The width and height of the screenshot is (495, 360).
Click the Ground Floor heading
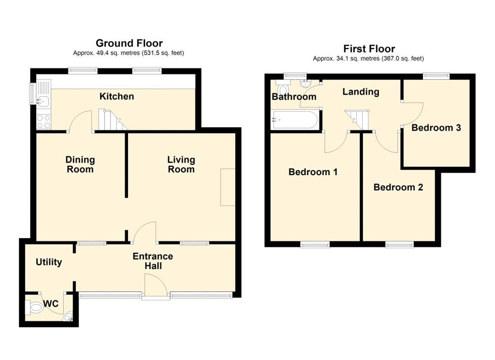tap(129, 43)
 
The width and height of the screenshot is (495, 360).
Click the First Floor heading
tap(369, 49)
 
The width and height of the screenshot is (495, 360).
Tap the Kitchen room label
tap(117, 96)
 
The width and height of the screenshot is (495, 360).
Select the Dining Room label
tap(80, 165)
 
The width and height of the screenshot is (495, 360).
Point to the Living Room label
tap(181, 165)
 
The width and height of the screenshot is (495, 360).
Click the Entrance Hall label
tap(153, 261)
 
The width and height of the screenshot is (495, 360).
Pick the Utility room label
tap(49, 262)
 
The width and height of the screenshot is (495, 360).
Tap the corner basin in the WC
tap(69, 316)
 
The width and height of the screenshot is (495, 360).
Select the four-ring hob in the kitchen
tap(44, 121)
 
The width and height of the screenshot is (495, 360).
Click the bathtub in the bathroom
tap(296, 120)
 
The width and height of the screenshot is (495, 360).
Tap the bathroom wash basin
tap(306, 83)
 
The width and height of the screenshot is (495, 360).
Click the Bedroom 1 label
tap(313, 172)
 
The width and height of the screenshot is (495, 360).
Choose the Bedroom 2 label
tap(398, 187)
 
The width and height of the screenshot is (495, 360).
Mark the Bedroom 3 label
tap(436, 128)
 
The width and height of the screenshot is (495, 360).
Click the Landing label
tap(361, 91)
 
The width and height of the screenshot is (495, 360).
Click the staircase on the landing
tap(357, 120)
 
